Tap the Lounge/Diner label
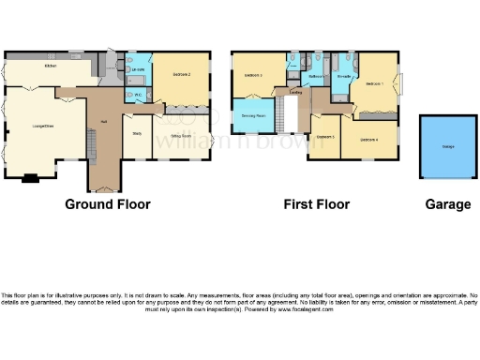tap(43, 126)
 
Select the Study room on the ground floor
tap(136, 134)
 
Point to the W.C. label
tap(137, 95)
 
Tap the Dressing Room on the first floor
tap(253, 115)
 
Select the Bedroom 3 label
tap(253, 74)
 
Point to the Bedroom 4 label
tap(369, 141)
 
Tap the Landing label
tap(295, 92)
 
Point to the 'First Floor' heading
tap(316, 204)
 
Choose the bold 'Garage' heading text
tap(447, 204)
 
